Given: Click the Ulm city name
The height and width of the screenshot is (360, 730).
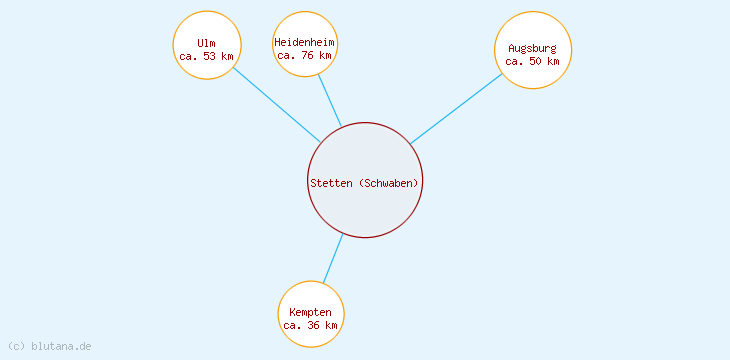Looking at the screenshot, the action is point(207,43).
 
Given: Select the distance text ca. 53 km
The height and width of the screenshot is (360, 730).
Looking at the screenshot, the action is point(207,56).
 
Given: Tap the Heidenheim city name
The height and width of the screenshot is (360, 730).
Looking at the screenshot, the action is point(305,42).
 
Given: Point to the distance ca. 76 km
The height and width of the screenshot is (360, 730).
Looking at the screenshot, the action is point(305,55).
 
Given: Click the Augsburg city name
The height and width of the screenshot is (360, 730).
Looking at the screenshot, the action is point(533,48).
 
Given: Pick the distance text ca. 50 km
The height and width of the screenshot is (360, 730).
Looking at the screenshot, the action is point(533,61).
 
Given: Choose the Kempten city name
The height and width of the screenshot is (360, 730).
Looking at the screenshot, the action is point(311,312).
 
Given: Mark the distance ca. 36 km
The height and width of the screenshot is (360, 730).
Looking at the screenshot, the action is point(311,325).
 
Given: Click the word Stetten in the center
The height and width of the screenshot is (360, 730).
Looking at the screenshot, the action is point(331,182).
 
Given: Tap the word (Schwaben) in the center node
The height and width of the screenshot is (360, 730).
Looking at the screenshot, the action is point(389,182).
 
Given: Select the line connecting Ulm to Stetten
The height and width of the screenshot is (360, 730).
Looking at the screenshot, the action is point(277,105).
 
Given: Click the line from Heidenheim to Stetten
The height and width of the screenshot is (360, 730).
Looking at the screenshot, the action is point(330,101).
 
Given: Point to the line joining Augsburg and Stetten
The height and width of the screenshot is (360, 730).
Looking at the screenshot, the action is point(456,108).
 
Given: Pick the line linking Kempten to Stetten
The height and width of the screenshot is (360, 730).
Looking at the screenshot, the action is point(333,258).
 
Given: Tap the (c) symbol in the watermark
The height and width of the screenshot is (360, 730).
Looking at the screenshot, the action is point(15,346).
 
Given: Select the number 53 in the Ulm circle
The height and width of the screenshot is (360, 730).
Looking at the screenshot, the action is point(210,56).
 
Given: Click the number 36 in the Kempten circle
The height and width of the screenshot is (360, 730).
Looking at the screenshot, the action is point(314,325).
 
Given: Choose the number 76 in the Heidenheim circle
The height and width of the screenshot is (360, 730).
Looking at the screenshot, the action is point(308,55).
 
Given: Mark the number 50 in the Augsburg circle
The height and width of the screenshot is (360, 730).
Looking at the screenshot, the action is point(536,61).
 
